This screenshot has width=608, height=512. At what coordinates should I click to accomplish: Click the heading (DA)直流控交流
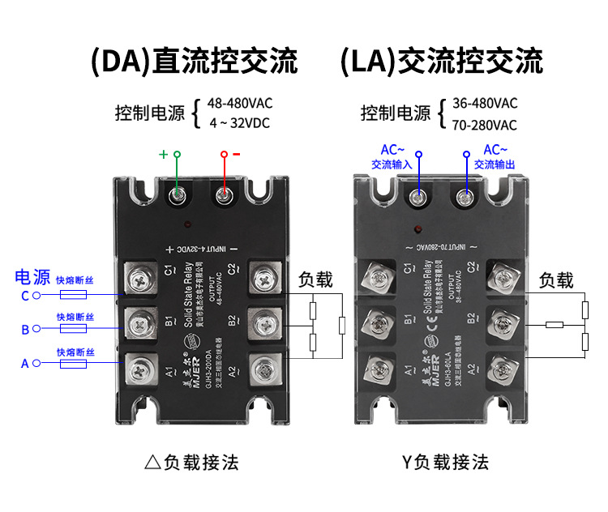pos(195,62)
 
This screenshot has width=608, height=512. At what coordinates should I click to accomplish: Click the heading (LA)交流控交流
pos(441,62)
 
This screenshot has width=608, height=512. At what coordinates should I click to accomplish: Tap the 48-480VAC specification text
pos(239,104)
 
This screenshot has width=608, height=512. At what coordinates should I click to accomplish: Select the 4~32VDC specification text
pos(239,123)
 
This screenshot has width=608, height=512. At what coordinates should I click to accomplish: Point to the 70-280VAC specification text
pos(484,125)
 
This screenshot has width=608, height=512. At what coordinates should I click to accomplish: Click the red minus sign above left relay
pos(237,153)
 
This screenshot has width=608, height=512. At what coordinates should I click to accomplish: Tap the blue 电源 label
pos(32,277)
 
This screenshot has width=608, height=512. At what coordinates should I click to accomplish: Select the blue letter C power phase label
pos(25,297)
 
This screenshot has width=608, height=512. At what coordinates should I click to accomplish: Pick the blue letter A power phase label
pos(25,364)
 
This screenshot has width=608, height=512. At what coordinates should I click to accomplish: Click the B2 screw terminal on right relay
pos(502,323)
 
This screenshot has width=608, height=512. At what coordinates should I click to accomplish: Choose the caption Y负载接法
pos(445,463)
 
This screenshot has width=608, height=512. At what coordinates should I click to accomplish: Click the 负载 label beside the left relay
pos(315,280)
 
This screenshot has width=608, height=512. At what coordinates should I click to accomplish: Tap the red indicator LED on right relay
pos(419,228)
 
